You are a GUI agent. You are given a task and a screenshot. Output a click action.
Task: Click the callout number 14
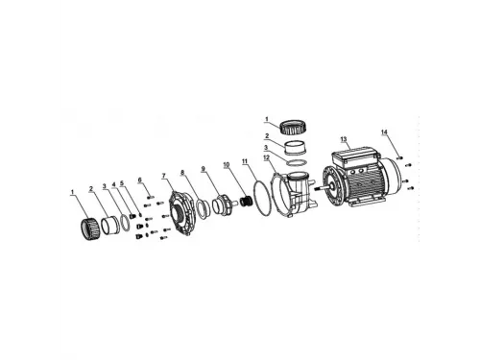click(384, 132)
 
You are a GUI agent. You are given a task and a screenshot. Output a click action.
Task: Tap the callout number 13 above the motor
click(344, 139)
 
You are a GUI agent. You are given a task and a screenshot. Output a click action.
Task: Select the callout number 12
click(266, 157)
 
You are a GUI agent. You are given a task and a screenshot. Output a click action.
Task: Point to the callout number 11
click(245, 161)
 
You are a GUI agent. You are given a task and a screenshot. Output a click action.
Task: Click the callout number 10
click(227, 165)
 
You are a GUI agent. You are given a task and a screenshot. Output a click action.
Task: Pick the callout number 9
click(203, 168)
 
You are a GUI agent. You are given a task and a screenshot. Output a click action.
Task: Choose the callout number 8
click(182, 172)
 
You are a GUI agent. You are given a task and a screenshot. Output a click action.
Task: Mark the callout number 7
click(164, 176)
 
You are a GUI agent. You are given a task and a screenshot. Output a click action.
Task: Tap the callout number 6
click(139, 180)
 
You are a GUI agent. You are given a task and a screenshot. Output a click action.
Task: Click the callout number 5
click(122, 183)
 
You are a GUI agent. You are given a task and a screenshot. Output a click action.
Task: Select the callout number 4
click(113, 184)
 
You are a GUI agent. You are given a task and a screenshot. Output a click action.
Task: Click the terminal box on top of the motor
click(355, 156)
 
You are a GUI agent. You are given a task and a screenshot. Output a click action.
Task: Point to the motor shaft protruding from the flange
click(321, 188)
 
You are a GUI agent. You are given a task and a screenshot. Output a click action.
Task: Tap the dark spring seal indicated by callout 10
click(246, 202)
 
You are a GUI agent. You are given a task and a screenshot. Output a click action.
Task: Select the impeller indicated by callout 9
click(222, 204)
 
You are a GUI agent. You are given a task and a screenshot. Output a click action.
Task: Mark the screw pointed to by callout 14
click(399, 157)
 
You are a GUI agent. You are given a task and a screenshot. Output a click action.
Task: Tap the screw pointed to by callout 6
click(151, 197)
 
